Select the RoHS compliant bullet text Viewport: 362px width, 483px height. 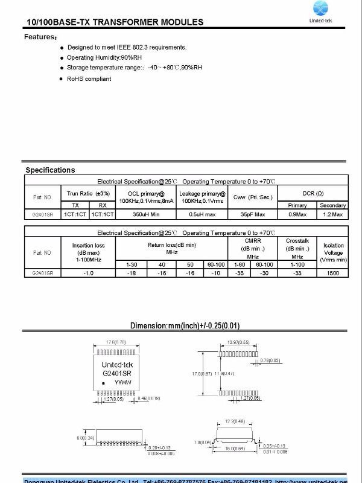pos(89,79)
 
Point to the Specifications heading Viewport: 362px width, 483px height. pos(50,170)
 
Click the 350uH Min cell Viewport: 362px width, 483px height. pos(145,214)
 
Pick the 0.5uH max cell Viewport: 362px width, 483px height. pos(202,214)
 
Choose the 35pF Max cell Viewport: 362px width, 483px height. pos(253,214)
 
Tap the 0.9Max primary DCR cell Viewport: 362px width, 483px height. pos(297,214)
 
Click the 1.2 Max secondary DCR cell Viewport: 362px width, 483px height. pos(333,214)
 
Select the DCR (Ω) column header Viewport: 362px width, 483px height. pos(313,193)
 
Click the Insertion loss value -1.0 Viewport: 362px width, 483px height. pos(89,273)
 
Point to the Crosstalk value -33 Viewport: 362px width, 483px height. pos(297,273)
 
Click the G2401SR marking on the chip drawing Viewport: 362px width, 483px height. pos(116,374)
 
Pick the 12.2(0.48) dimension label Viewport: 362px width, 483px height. pos(234,421)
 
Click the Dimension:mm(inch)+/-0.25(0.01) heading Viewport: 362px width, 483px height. pos(185,326)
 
